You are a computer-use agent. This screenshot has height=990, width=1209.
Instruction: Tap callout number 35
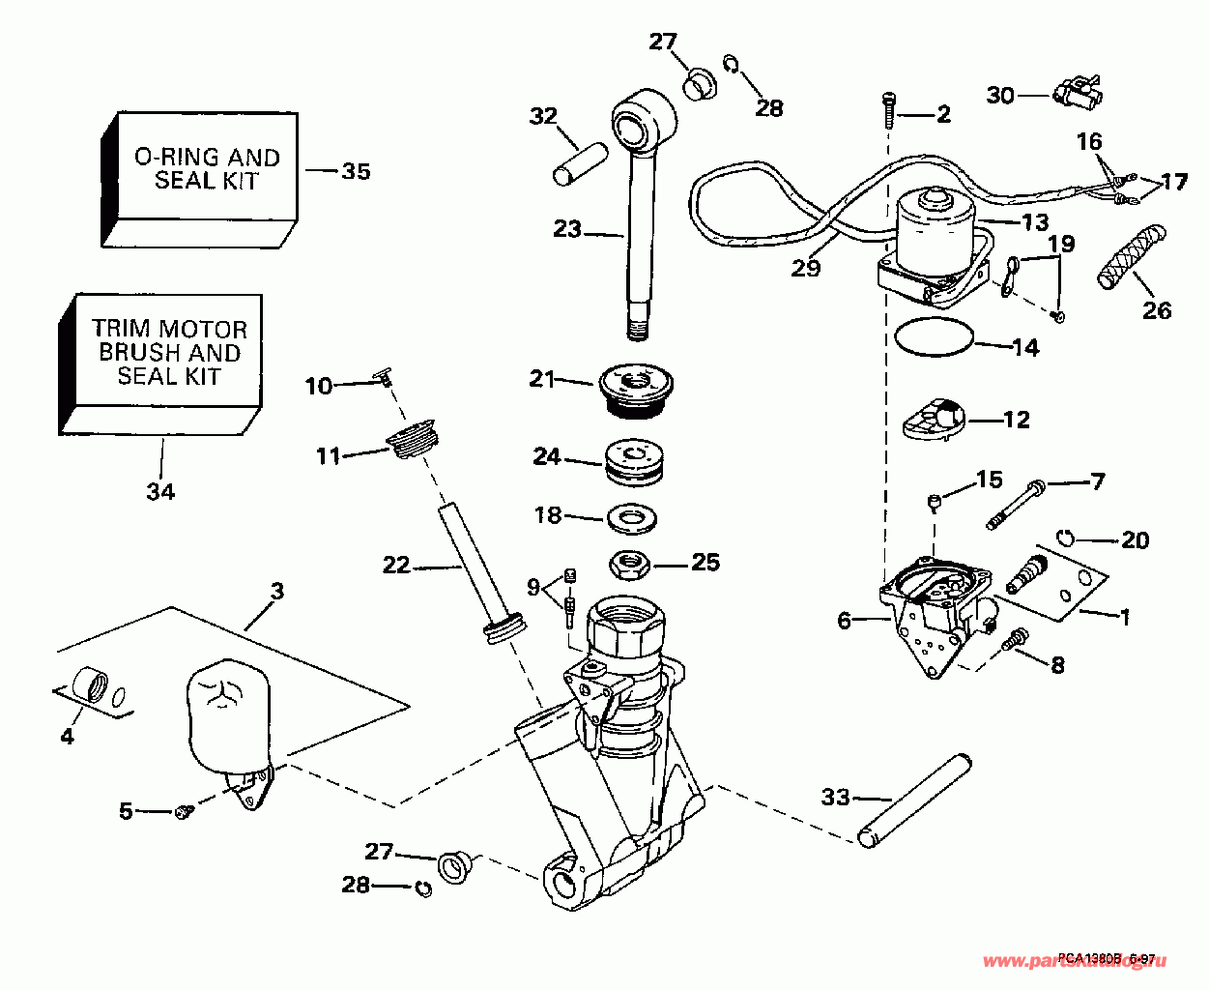[356, 171]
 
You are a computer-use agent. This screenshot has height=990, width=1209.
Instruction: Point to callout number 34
[160, 491]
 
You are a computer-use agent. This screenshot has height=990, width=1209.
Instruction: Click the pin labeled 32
[580, 161]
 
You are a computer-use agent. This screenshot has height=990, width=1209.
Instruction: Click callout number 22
[396, 565]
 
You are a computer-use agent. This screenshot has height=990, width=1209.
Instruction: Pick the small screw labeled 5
[183, 813]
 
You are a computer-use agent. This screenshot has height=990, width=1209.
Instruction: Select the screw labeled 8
[1017, 639]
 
